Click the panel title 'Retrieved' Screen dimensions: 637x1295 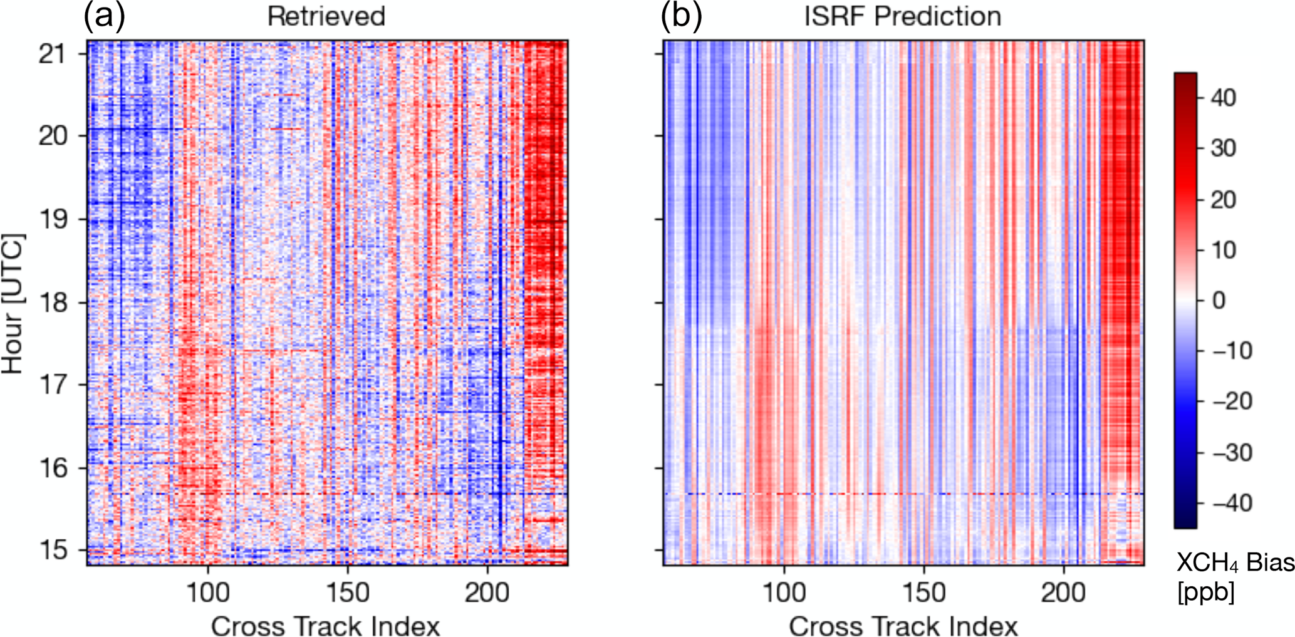326,16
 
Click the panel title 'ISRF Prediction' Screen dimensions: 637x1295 903,16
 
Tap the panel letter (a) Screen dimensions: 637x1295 104,16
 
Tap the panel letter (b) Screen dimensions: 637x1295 681,16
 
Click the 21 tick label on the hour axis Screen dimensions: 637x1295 52,54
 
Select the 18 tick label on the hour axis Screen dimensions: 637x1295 52,303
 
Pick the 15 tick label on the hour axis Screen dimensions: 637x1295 52,550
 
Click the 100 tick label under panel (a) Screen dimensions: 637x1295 208,592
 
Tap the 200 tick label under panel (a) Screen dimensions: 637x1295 487,592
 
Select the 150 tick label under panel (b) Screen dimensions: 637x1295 924,592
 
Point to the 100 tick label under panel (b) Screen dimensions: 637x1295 784,592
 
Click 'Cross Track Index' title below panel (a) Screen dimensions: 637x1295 326,625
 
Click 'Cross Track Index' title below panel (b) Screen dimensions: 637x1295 903,625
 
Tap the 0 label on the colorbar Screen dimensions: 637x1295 1219,301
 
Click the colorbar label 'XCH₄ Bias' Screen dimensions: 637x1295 1235,563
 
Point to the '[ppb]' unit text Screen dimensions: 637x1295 1206,592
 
